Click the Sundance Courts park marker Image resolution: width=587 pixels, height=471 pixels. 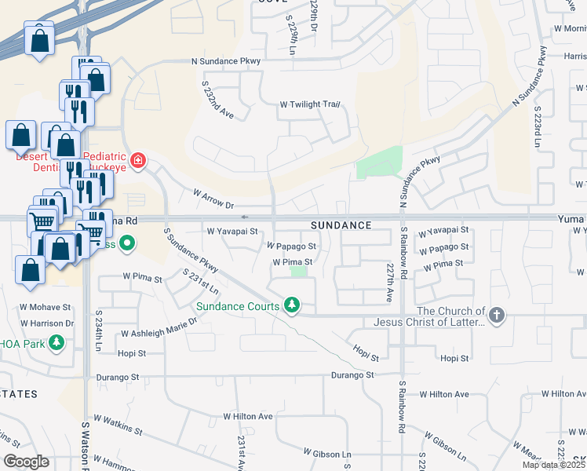tap(292, 304)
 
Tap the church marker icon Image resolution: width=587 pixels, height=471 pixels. tap(495, 316)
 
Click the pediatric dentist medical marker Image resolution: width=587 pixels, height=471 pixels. tap(138, 161)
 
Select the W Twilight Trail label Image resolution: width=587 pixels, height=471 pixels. tap(310, 104)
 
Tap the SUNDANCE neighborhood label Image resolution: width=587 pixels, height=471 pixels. tap(341, 225)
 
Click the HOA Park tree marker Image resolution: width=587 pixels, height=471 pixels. tap(57, 342)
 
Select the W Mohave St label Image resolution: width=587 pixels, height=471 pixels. tap(45, 308)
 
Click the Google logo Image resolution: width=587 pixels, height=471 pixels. tap(26, 462)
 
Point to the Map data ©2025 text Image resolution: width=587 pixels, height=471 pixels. tap(553, 465)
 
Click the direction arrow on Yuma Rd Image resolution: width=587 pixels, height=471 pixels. tap(245, 217)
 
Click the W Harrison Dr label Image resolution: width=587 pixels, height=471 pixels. tap(47, 323)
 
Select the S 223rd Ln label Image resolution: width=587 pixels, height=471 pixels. tap(538, 127)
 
